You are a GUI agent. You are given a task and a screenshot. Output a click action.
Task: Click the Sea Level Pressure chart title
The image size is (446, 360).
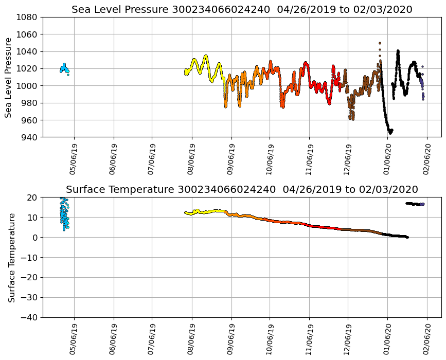click(242, 10)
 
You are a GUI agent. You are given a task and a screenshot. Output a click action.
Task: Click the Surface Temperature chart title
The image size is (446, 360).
click(242, 190)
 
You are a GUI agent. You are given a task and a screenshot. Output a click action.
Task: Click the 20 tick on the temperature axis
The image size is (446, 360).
click(32, 197)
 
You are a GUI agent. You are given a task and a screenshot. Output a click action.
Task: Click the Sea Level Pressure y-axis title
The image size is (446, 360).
click(9, 77)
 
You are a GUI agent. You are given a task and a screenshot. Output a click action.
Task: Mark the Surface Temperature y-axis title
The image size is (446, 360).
click(11, 257)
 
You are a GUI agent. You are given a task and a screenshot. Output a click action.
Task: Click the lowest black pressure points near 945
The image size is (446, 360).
click(390, 132)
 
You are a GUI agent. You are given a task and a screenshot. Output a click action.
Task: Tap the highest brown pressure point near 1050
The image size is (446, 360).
click(380, 43)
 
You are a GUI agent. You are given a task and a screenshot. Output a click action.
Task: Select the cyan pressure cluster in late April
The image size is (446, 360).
click(64, 68)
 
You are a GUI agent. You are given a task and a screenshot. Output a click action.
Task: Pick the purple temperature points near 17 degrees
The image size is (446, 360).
click(422, 204)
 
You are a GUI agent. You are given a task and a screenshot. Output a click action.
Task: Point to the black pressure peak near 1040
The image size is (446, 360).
click(398, 51)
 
